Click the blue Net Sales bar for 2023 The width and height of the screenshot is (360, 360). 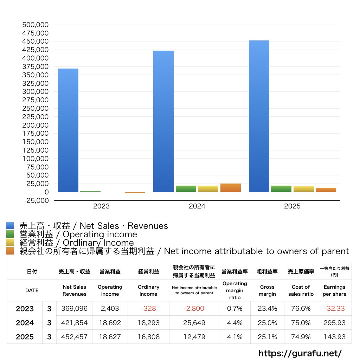click(x=68, y=130)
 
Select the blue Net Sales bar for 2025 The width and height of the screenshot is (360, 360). click(x=259, y=116)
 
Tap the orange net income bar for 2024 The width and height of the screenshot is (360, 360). click(x=231, y=188)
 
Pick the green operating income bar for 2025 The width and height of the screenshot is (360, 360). click(x=281, y=189)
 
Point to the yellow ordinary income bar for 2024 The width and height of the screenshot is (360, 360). click(x=208, y=189)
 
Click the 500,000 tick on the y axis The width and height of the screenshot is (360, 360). click(x=35, y=25)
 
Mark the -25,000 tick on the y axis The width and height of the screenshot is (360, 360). click(x=35, y=200)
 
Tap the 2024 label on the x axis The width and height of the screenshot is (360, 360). click(x=197, y=206)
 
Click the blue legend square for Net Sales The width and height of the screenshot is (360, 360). click(x=10, y=226)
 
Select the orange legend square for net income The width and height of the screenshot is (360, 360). click(x=10, y=251)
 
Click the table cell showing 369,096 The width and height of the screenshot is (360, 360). click(x=74, y=309)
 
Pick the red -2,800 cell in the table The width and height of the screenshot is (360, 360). click(x=194, y=309)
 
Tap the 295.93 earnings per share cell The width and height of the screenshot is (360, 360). click(x=334, y=323)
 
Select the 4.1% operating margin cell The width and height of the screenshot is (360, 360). click(x=235, y=337)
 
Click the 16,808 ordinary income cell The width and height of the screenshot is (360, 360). click(x=148, y=337)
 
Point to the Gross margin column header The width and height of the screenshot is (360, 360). click(x=267, y=290)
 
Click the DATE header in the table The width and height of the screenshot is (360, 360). click(x=32, y=290)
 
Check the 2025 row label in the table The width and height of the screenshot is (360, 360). click(x=25, y=337)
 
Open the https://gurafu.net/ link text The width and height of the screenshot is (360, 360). click(x=300, y=353)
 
